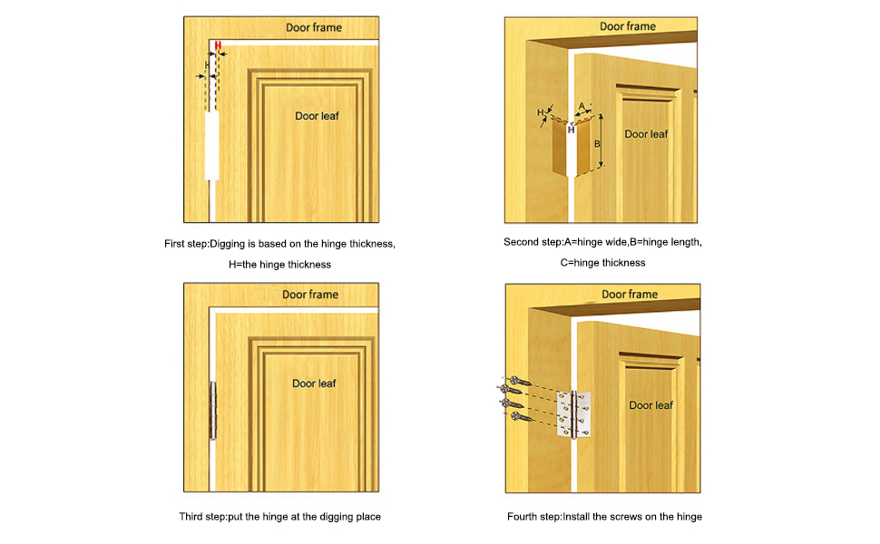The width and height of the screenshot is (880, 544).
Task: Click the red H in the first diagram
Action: click(x=218, y=45)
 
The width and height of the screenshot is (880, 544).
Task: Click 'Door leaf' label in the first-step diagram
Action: click(x=317, y=116)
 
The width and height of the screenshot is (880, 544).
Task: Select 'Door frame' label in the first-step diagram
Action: click(x=314, y=28)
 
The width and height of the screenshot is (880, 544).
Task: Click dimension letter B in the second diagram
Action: click(x=597, y=143)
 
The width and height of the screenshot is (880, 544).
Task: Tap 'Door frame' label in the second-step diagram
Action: click(x=628, y=27)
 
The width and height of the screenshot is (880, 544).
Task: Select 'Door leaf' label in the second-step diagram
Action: click(x=646, y=134)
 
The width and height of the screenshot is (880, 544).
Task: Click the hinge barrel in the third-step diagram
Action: click(x=214, y=411)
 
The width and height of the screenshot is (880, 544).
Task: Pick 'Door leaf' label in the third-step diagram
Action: click(x=314, y=384)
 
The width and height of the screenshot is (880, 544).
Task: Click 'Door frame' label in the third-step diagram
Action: click(x=310, y=295)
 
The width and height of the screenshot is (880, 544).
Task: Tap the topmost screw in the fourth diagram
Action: click(x=514, y=380)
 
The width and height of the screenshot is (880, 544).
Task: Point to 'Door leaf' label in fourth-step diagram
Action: click(x=651, y=405)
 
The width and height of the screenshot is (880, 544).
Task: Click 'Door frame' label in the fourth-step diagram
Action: click(x=630, y=295)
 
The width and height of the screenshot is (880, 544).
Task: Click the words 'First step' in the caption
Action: click(x=186, y=244)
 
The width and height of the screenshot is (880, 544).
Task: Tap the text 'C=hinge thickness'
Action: click(x=602, y=263)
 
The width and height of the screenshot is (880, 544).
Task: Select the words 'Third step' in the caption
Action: click(x=202, y=517)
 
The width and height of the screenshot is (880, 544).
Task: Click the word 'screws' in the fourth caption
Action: click(x=618, y=517)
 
